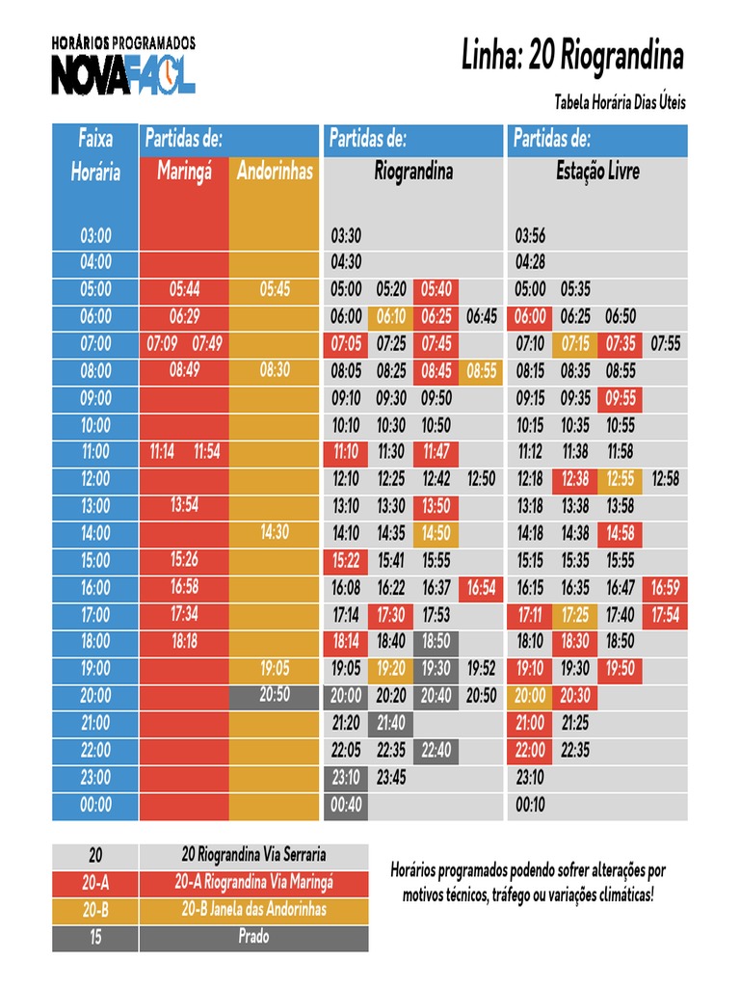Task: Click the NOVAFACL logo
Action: point(123,75)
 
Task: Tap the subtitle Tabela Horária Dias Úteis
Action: point(620,102)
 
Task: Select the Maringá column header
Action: point(184,173)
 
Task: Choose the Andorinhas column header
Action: point(275,173)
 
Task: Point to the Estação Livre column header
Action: point(597,173)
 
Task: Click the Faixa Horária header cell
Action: point(95,156)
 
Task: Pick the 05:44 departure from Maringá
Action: point(184,289)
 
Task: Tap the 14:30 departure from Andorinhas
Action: point(275,531)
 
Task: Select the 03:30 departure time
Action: point(346,236)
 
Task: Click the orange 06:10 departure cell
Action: point(391,316)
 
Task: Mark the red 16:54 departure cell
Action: point(481,587)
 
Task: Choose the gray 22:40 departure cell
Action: point(436,749)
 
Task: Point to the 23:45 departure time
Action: point(391,776)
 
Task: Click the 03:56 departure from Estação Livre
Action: point(531,236)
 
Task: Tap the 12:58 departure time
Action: point(666,478)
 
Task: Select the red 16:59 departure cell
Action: point(666,587)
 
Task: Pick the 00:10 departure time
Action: point(531,804)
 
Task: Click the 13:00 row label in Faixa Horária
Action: point(95,506)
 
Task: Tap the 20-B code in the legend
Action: point(95,909)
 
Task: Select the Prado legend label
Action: point(253,936)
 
